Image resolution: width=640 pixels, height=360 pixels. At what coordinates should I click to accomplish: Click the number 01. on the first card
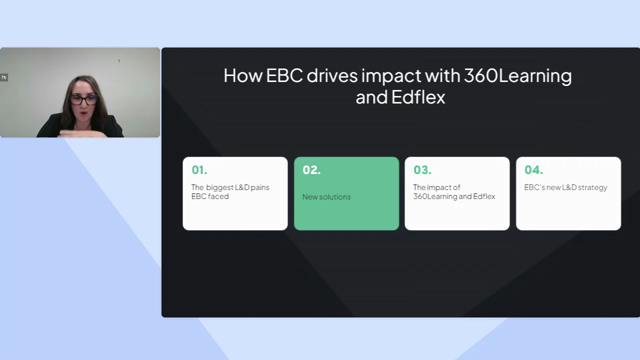tap(199, 170)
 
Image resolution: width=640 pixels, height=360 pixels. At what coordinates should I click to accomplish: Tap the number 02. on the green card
tap(311, 170)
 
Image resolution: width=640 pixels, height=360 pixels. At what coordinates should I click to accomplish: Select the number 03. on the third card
tap(422, 170)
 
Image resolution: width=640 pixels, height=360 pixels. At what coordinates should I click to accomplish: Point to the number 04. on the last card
tap(533, 170)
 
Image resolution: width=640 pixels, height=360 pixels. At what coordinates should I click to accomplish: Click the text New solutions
tap(326, 197)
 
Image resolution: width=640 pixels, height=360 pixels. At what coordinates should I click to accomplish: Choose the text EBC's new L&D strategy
tap(565, 187)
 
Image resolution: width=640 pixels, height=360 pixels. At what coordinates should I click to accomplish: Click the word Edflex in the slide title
tap(418, 97)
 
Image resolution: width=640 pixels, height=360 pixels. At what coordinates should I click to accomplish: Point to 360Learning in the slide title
tap(517, 76)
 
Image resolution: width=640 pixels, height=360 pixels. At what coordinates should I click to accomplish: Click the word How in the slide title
tap(243, 75)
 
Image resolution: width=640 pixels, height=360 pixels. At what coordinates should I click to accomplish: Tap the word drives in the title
tap(332, 75)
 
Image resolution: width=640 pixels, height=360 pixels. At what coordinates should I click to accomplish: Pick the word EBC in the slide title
tap(284, 75)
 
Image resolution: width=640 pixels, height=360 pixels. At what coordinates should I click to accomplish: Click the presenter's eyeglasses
tap(83, 99)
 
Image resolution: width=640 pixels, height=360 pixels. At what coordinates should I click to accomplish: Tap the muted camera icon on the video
tap(4, 77)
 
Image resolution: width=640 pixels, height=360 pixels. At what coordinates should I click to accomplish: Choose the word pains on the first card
tap(260, 187)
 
